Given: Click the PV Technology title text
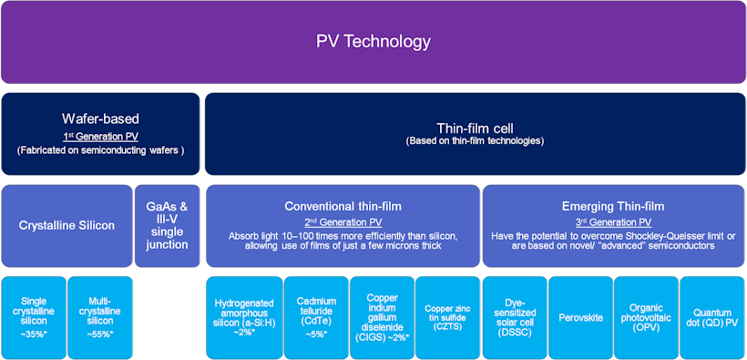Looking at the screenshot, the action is tap(373, 42).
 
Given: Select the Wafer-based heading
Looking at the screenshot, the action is tap(100, 118).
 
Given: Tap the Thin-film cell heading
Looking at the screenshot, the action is tap(476, 128).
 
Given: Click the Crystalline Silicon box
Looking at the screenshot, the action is tap(67, 226).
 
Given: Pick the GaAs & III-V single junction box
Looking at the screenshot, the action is tap(168, 226).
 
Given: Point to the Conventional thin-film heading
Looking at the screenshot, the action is tap(343, 207).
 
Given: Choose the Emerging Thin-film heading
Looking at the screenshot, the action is tap(613, 207).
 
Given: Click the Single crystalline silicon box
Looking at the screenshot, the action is tap(34, 317).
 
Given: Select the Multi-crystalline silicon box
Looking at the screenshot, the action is tap(100, 317).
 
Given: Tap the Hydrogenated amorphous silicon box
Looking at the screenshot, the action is tap(244, 317).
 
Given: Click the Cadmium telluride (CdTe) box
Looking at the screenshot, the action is tap(316, 317).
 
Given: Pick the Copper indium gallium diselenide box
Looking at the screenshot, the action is tap(382, 317).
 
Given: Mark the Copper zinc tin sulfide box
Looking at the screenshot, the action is tap(448, 317).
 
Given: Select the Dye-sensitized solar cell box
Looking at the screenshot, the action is tap(515, 317).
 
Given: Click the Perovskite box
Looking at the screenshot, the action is tap(580, 317).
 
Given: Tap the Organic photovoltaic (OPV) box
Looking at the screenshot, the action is tap(646, 317).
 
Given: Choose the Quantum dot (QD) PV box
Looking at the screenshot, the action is tap(712, 317).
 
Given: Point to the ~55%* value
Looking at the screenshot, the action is tap(100, 334).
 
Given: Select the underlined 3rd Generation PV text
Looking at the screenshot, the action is tap(613, 222).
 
